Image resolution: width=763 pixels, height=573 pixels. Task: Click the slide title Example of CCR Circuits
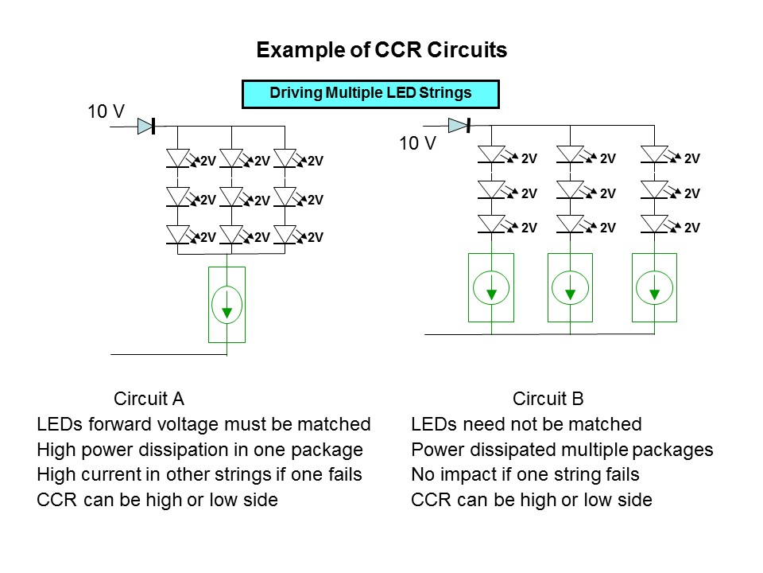381,51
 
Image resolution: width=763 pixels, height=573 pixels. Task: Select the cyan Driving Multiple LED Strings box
370,93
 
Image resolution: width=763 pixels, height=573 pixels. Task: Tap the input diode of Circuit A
145,126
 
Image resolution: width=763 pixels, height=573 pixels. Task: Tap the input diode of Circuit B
459,125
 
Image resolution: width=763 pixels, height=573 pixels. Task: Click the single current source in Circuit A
227,305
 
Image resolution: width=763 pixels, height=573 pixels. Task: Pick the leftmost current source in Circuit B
492,287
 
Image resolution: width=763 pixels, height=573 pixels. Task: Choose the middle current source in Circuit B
570,287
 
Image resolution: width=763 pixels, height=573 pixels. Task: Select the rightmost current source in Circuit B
654,287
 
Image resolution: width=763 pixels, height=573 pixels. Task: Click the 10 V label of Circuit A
106,112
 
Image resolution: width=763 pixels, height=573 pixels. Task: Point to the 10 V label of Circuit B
417,144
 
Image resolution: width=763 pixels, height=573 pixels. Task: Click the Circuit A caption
149,399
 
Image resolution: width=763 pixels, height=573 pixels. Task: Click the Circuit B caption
548,399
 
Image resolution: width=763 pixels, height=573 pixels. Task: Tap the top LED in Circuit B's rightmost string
654,154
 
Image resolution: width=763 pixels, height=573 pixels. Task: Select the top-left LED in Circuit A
177,158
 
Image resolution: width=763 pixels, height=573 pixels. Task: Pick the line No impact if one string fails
525,475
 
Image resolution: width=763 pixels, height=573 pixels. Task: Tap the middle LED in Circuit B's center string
570,189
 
